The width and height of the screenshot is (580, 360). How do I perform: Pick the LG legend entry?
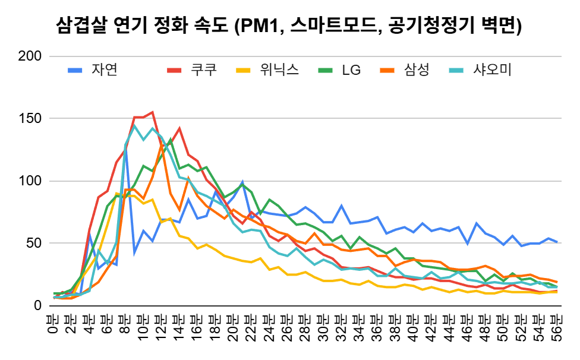coord(351,70)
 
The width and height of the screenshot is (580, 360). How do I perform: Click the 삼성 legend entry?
coord(412,70)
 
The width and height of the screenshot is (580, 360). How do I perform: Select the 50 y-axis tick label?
coord(34,244)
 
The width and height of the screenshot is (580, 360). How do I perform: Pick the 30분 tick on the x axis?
coord(323,330)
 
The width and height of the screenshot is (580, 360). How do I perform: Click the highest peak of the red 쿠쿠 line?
coord(152,112)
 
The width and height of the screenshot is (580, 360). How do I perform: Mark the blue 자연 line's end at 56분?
coord(556,242)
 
